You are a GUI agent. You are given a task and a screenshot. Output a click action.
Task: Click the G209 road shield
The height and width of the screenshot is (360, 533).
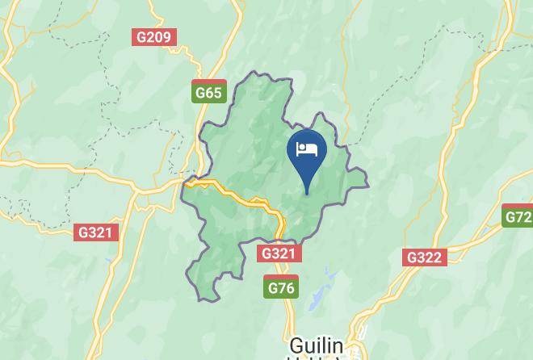point(154,37)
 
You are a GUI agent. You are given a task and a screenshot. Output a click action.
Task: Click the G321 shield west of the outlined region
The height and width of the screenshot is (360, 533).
point(97,232)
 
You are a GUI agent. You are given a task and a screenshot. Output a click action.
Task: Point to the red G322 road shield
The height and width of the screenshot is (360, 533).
point(424,257)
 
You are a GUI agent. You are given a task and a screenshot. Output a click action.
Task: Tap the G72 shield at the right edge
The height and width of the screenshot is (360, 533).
point(518,216)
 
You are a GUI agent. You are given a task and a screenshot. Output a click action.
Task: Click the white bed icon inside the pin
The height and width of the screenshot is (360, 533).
point(307,149)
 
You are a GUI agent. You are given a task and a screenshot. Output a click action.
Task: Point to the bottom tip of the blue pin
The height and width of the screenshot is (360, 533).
point(307,194)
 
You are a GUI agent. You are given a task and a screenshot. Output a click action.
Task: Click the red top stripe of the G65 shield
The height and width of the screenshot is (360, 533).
point(209,82)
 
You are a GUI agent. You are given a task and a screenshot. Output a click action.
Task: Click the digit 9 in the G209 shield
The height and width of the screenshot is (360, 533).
point(167,37)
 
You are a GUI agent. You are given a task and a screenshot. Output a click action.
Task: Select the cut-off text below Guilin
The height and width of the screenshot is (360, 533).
point(316,358)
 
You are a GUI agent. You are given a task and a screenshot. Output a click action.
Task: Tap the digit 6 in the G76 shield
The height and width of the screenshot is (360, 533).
point(290,288)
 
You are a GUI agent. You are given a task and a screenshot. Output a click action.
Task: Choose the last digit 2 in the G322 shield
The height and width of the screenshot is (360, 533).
point(438,257)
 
